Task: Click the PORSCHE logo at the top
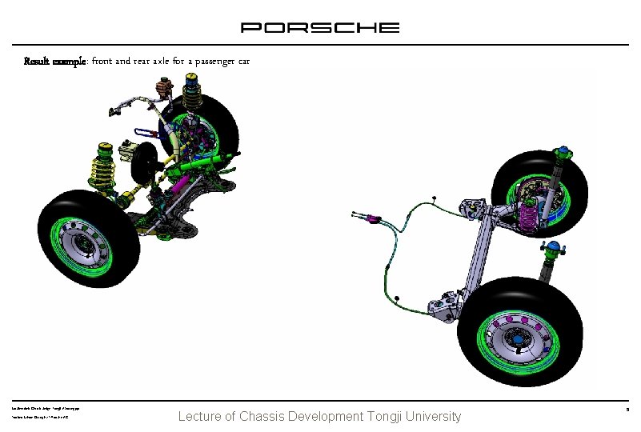click(x=320, y=27)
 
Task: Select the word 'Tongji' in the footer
click(x=387, y=416)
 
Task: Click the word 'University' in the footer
click(x=434, y=416)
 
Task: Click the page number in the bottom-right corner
click(x=628, y=410)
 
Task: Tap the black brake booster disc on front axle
click(x=144, y=165)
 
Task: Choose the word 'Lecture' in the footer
click(x=201, y=416)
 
